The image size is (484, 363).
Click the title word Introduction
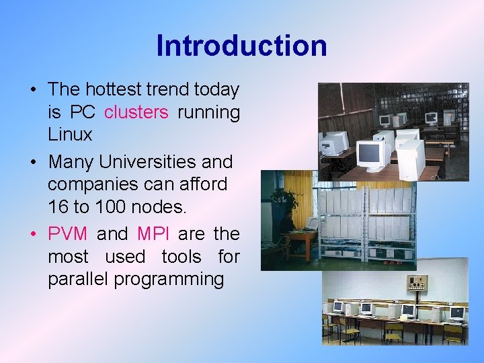point(241,46)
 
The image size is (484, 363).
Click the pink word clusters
point(136,112)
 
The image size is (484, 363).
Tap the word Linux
point(70,134)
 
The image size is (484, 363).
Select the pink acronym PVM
point(67,234)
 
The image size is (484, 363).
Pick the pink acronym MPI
point(154,234)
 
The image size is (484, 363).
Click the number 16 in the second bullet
point(58,207)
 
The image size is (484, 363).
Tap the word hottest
point(121,89)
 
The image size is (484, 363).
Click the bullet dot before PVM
point(33,235)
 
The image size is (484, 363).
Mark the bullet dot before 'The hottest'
point(33,90)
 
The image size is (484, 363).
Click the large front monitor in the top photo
point(373,154)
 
